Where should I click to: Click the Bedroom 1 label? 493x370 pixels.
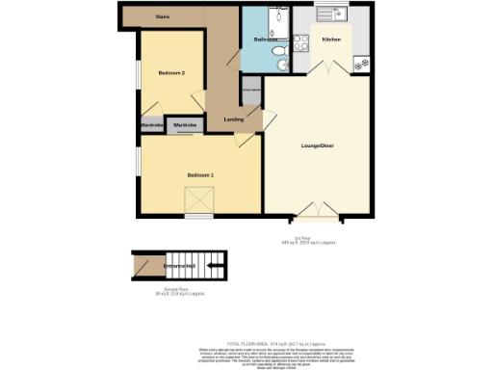pyautogui.click(x=200, y=173)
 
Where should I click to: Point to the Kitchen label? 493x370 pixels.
pyautogui.click(x=331, y=40)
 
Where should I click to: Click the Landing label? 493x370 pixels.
pyautogui.click(x=233, y=119)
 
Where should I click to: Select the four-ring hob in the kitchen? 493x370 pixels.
pyautogui.click(x=299, y=42)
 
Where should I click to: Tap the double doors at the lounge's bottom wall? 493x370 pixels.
pyautogui.click(x=317, y=211)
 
